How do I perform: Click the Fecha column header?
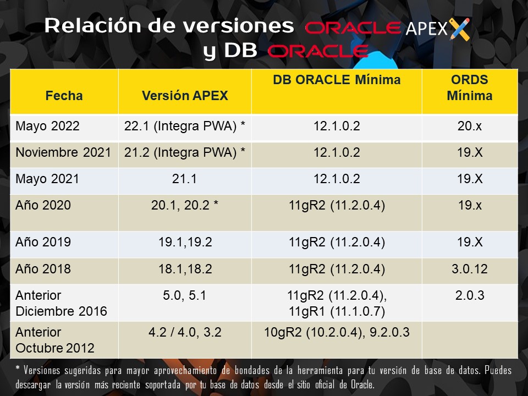pyautogui.click(x=64, y=96)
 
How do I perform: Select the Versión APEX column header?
pyautogui.click(x=185, y=96)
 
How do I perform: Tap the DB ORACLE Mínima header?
pyautogui.click(x=337, y=80)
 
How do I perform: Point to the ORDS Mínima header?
pyautogui.click(x=469, y=87)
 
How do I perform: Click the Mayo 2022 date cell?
pyautogui.click(x=47, y=127)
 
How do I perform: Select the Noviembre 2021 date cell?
pyautogui.click(x=63, y=152)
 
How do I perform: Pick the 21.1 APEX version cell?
pyautogui.click(x=184, y=179)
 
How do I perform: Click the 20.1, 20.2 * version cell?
pyautogui.click(x=185, y=205)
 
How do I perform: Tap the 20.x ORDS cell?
pyautogui.click(x=469, y=126)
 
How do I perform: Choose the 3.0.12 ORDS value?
pyautogui.click(x=469, y=269)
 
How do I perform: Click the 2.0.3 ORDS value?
pyautogui.click(x=469, y=295)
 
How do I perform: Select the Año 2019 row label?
pyautogui.click(x=43, y=242)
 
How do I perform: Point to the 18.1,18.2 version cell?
pyautogui.click(x=185, y=269)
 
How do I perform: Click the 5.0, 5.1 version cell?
pyautogui.click(x=184, y=295)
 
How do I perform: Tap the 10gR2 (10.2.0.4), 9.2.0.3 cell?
pyautogui.click(x=337, y=332)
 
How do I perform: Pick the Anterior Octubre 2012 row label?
pyautogui.click(x=55, y=340)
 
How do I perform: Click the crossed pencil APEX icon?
pyautogui.click(x=460, y=29)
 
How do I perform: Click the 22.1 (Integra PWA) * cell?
pyautogui.click(x=185, y=127)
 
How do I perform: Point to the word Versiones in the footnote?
pyautogui.click(x=42, y=370)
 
